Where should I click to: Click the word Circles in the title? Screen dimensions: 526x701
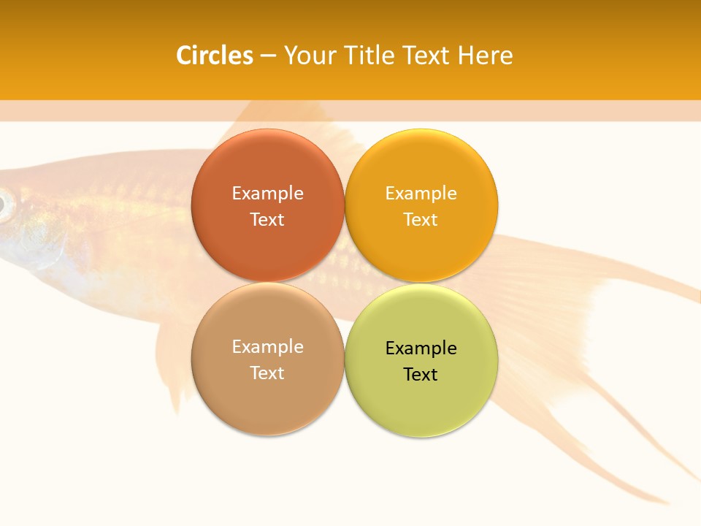point(215,56)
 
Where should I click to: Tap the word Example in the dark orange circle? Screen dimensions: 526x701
point(267,194)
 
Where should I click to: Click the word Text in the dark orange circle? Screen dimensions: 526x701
point(267,220)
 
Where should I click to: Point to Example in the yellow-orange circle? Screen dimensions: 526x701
point(421,194)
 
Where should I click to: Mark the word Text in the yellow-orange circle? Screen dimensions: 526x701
point(421,220)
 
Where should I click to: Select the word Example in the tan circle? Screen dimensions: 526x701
point(267,347)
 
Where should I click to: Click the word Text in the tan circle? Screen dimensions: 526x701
point(267,373)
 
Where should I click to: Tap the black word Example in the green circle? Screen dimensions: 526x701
point(421,348)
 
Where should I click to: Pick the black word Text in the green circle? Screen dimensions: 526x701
point(421,375)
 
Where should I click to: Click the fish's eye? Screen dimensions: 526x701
point(4,205)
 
